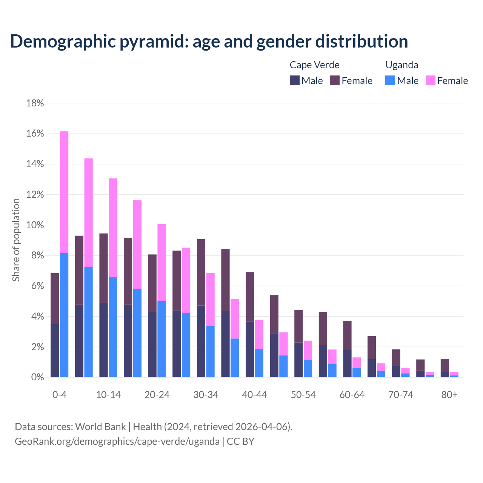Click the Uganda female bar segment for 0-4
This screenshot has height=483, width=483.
pyautogui.click(x=64, y=192)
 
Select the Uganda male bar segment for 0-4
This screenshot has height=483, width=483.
pyautogui.click(x=64, y=315)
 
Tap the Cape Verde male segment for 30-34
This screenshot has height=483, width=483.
pyautogui.click(x=201, y=341)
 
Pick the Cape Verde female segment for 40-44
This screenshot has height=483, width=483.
pyautogui.click(x=250, y=297)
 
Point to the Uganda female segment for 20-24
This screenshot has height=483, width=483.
pyautogui.click(x=162, y=262)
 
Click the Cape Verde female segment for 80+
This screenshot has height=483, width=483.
pyautogui.click(x=445, y=366)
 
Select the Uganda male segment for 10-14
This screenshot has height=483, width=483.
pyautogui.click(x=113, y=327)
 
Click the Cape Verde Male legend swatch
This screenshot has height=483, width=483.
pyautogui.click(x=295, y=80)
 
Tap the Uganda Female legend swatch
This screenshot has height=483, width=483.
pyautogui.click(x=431, y=80)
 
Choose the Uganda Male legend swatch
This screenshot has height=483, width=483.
pyautogui.click(x=390, y=80)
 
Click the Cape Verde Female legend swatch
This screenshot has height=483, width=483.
pyautogui.click(x=335, y=80)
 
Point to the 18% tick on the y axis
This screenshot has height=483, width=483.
pyautogui.click(x=35, y=103)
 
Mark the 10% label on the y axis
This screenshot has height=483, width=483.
pyautogui.click(x=35, y=225)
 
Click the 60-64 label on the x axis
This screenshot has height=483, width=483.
pyautogui.click(x=352, y=395)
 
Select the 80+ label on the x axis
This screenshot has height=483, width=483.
pyautogui.click(x=449, y=395)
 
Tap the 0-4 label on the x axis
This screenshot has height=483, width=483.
pyautogui.click(x=60, y=395)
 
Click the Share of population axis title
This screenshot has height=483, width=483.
pyautogui.click(x=16, y=240)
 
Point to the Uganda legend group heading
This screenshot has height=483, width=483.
pyautogui.click(x=401, y=65)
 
